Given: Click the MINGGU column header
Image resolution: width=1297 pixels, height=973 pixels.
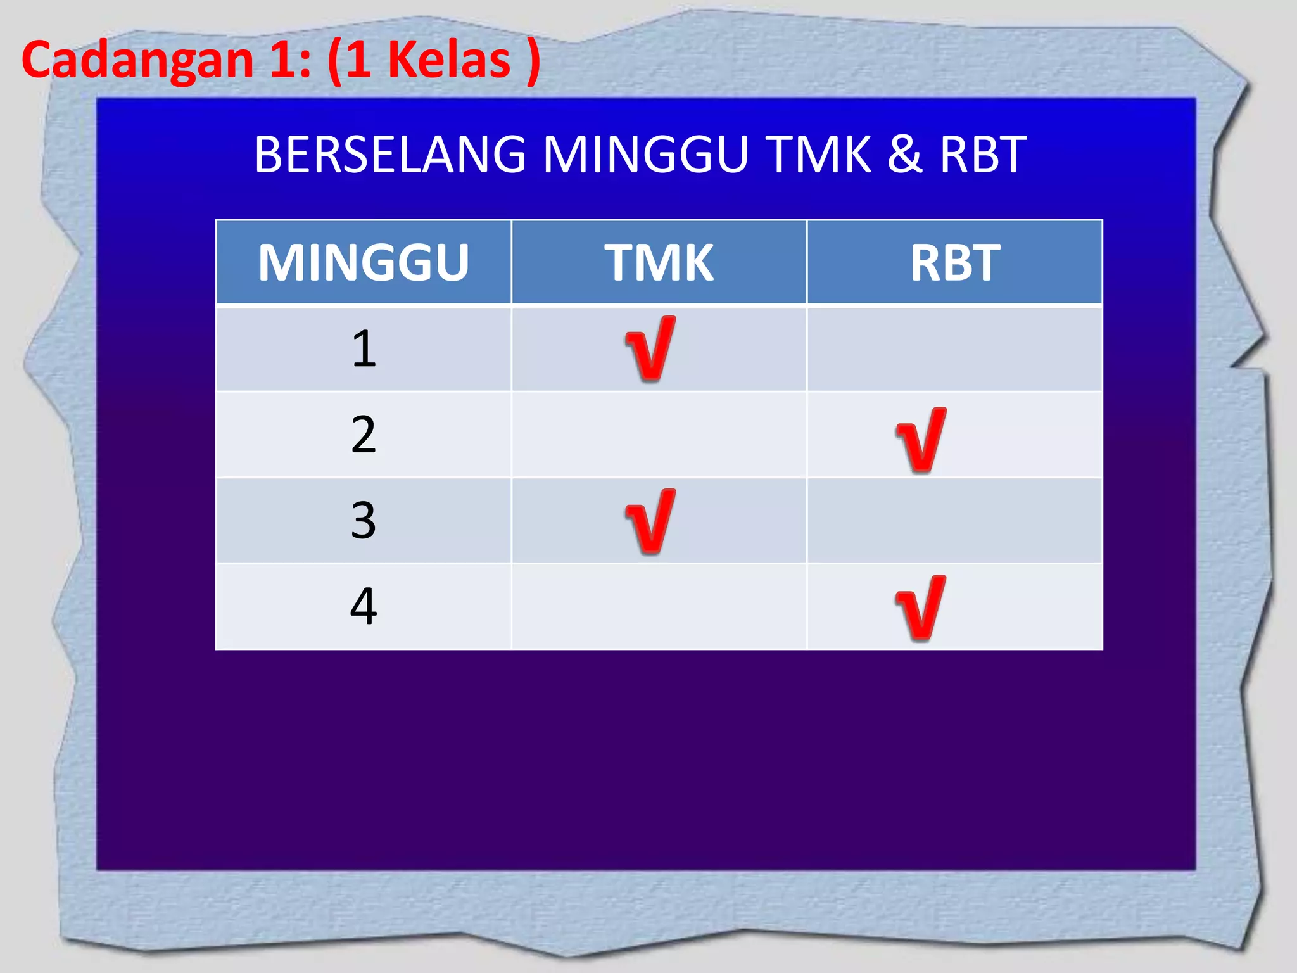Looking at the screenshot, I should (x=364, y=263).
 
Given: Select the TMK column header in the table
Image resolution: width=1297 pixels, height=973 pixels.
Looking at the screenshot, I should (x=659, y=263).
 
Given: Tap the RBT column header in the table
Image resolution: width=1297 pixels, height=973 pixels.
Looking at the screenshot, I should (x=954, y=263).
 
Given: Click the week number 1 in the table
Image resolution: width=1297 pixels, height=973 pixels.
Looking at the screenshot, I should (x=364, y=349).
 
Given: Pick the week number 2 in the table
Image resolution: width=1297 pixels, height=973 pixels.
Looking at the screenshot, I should (x=364, y=435).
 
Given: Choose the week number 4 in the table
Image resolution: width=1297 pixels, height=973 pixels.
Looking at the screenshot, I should (x=364, y=606).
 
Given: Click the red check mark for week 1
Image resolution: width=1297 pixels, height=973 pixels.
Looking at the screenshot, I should (x=650, y=349).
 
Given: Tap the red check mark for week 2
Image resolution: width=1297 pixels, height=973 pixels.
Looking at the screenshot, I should (x=921, y=440).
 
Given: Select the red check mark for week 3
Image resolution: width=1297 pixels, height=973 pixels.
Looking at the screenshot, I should (x=650, y=522).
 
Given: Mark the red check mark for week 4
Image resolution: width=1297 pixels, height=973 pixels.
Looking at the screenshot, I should (x=921, y=608).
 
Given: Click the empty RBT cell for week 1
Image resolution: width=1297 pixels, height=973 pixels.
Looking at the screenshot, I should (x=954, y=349).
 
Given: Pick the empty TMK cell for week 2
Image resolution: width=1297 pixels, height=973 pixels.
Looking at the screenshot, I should (x=659, y=435).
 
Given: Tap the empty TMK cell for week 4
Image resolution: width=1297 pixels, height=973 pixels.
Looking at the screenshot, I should (x=659, y=606).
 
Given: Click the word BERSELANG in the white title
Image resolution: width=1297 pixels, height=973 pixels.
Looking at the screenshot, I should (x=389, y=155).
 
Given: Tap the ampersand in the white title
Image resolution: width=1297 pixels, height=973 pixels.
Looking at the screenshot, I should (x=904, y=155).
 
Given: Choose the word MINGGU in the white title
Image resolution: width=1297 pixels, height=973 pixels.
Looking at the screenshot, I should (x=646, y=155).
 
